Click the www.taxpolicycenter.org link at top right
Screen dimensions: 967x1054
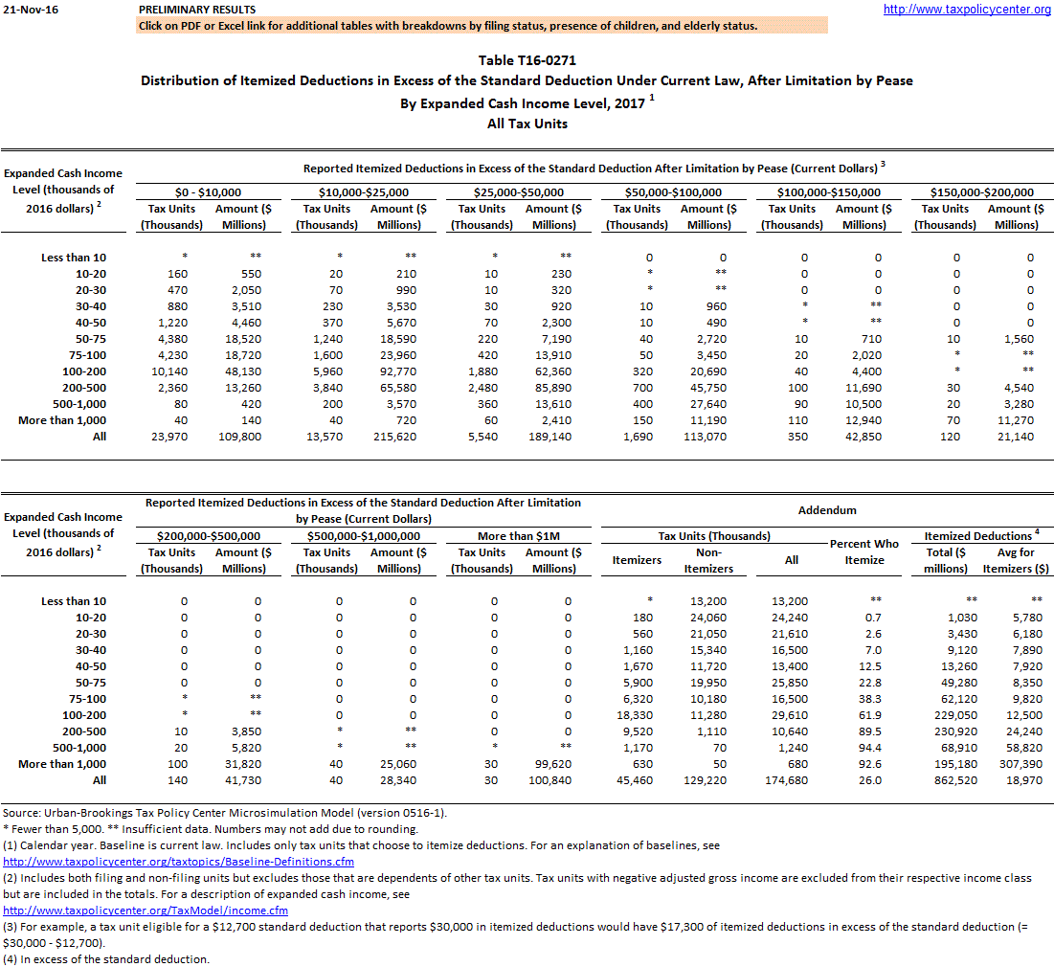coord(967,10)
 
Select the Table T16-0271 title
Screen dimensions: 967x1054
coord(527,60)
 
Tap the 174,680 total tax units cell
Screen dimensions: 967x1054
coord(789,780)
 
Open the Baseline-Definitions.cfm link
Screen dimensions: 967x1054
coord(178,861)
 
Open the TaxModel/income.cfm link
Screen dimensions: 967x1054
coord(146,910)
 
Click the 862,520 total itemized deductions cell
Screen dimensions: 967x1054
coord(945,780)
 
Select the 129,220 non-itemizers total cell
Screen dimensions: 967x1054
coord(709,780)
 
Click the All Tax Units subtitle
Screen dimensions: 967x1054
coord(527,124)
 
